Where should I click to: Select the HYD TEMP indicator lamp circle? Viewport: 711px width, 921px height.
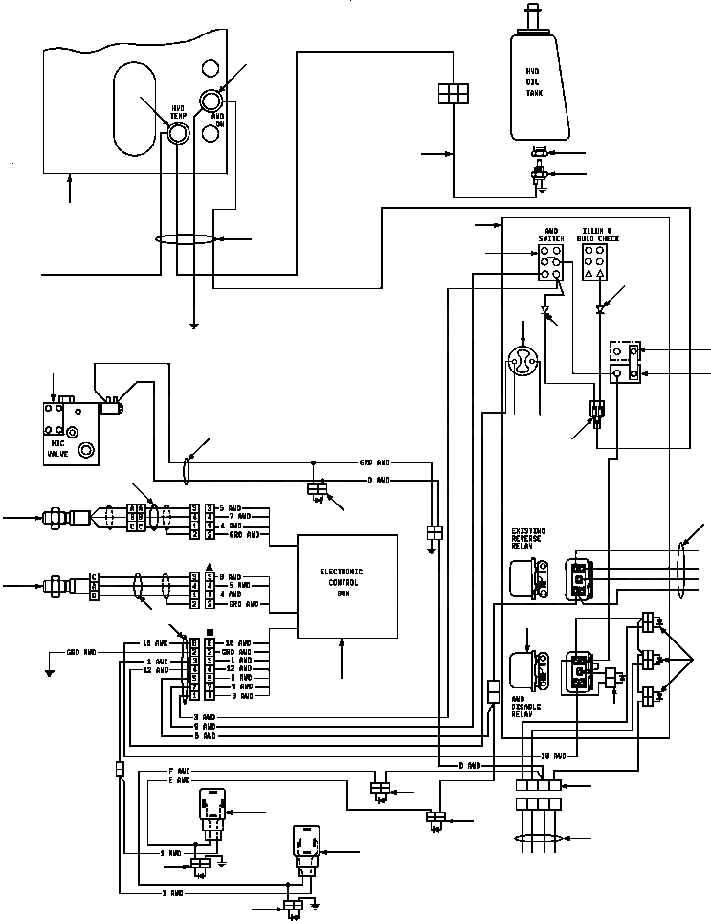coord(178,134)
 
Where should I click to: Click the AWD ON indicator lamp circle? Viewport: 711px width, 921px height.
coord(210,101)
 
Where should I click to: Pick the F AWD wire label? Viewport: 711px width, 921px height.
coord(179,770)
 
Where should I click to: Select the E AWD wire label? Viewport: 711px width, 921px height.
coord(179,780)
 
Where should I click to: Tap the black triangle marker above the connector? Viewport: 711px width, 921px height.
coord(195,566)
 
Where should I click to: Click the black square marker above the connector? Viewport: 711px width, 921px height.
coord(195,632)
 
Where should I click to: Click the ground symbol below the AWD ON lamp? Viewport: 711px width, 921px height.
coord(194,326)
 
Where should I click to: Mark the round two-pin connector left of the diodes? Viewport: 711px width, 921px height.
coord(523,362)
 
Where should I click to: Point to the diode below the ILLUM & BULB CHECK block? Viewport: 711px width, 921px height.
coord(600,309)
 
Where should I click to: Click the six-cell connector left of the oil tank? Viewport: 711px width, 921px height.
coord(451,92)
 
